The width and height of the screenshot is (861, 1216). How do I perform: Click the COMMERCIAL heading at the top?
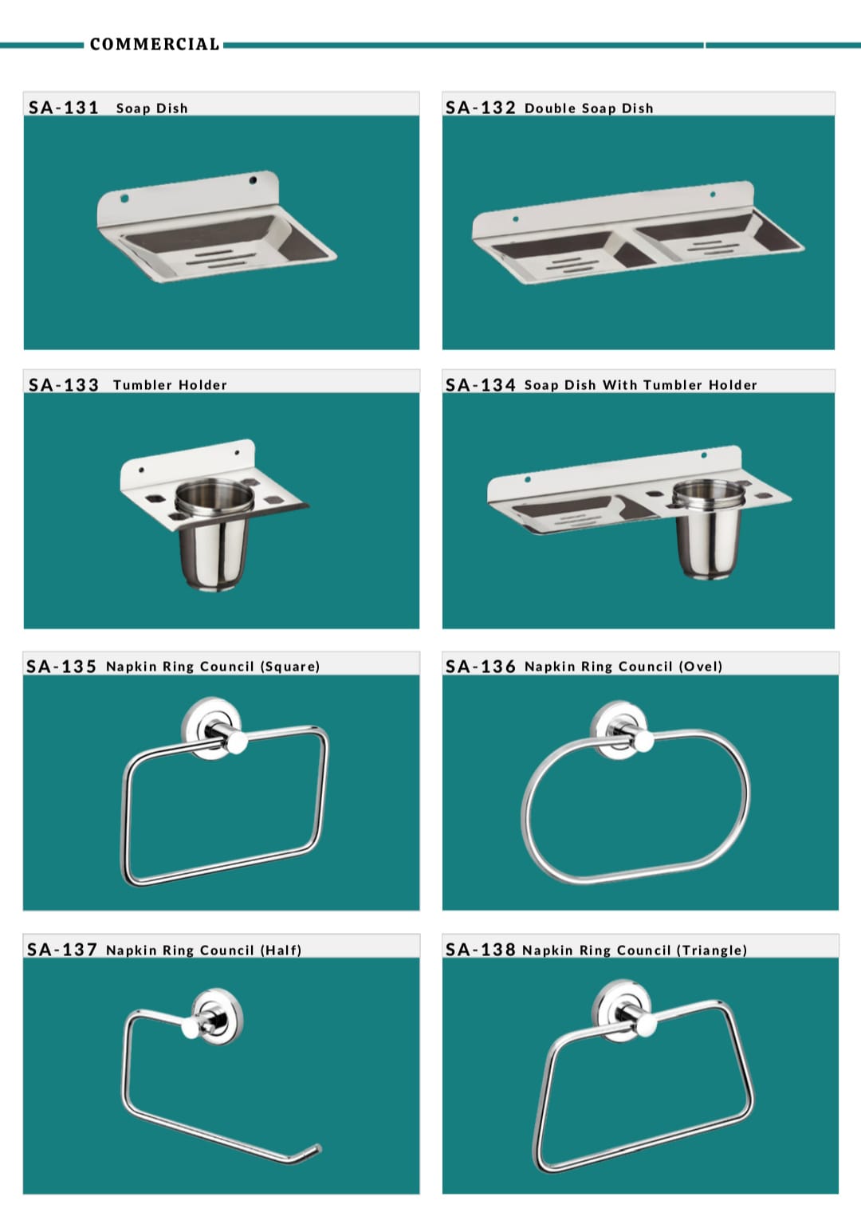point(154,44)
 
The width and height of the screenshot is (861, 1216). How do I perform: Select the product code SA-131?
point(64,108)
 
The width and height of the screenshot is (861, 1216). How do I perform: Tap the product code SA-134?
point(480,385)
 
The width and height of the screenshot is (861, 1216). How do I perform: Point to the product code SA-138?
point(480,950)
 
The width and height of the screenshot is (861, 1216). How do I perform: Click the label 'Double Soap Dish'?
point(588,108)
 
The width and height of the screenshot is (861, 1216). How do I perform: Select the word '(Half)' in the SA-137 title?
point(281,950)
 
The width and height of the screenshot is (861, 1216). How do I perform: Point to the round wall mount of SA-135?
point(212,728)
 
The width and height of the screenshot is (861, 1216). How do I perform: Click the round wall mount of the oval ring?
point(619,730)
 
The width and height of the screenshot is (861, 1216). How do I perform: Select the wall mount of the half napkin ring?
point(217,1016)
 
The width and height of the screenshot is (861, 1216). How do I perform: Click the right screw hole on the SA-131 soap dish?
point(253,179)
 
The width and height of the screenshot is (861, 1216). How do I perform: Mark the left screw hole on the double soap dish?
point(516,218)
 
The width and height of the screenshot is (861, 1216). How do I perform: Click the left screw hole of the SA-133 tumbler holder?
point(141,470)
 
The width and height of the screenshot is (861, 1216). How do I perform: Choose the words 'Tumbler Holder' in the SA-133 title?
point(170,385)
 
